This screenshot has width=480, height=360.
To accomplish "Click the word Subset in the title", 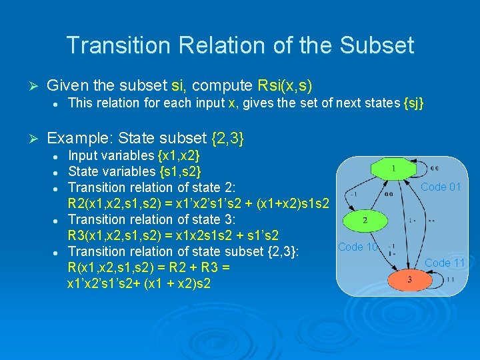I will (x=377, y=45).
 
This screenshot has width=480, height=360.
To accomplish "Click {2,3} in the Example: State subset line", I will (x=227, y=138).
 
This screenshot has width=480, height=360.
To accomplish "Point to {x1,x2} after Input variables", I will (x=179, y=155).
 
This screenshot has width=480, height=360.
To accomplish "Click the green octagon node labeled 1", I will (x=393, y=169).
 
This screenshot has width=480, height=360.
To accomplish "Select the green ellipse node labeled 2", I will (x=365, y=219).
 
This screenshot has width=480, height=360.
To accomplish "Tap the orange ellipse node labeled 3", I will (x=409, y=279).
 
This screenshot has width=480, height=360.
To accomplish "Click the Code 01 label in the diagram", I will (x=441, y=187).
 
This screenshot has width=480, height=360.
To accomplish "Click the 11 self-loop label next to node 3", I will (x=451, y=279).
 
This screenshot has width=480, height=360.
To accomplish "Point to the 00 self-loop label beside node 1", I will (x=434, y=168).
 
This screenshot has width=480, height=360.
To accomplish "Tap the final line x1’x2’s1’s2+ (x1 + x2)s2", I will (x=139, y=283).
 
